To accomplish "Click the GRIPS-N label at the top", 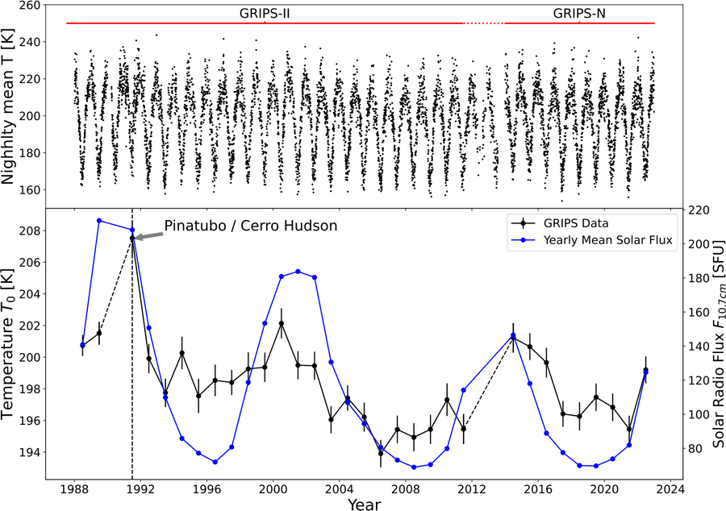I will pyautogui.click(x=579, y=14).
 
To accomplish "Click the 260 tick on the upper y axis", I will pyautogui.click(x=31, y=5).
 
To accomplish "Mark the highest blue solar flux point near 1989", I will pyautogui.click(x=99, y=220).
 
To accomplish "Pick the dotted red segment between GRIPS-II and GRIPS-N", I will pyautogui.click(x=484, y=23).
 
